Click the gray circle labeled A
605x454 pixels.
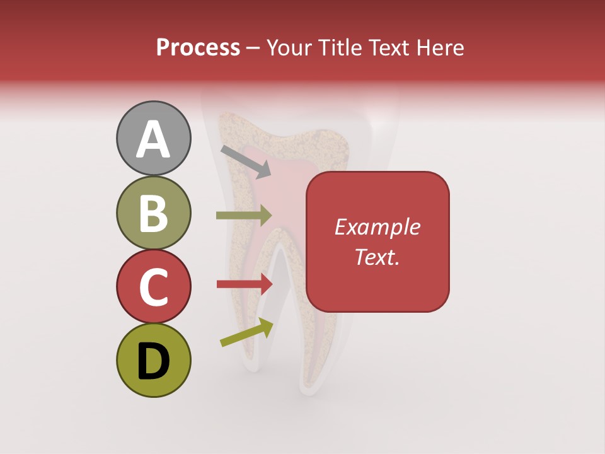(x=153, y=138)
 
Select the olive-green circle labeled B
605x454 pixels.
(x=153, y=212)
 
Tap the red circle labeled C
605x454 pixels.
(x=153, y=286)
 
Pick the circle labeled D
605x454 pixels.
(x=153, y=360)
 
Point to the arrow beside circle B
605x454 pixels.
(x=244, y=216)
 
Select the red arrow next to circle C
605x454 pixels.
(x=245, y=284)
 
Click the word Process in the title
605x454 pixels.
(x=198, y=47)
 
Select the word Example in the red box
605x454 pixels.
(x=377, y=227)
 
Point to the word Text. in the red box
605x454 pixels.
(x=377, y=257)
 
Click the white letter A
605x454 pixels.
(x=153, y=139)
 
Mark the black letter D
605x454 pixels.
(x=153, y=361)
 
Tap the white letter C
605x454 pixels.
(x=153, y=288)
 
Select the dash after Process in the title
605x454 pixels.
(x=253, y=49)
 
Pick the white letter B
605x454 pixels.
(x=153, y=214)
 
